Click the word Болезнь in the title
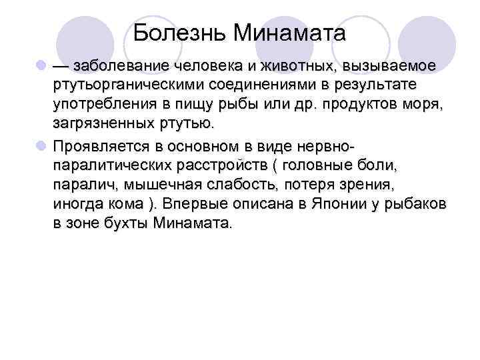click(173, 33)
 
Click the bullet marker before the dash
click(41, 67)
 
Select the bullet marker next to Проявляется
click(41, 145)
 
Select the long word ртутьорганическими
click(125, 86)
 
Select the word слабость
click(239, 183)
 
